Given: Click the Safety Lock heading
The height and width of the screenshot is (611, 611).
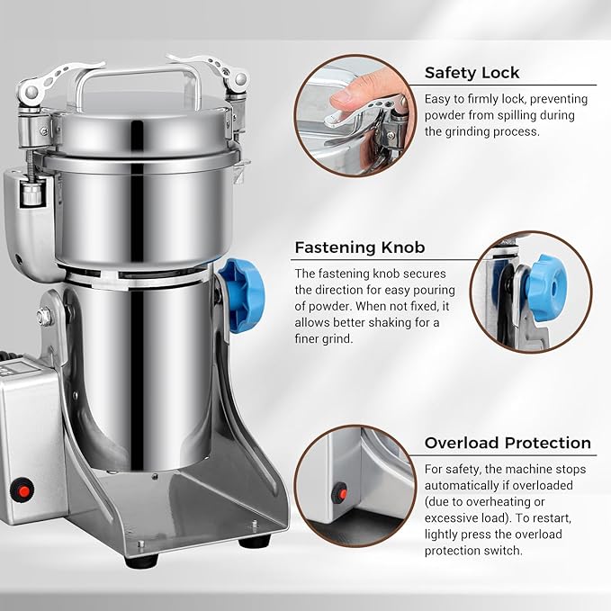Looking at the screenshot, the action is pos(472,73).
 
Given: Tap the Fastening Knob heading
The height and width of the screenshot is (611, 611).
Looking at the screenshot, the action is pos(360,247).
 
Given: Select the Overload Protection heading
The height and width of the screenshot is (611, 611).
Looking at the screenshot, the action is pos(508,443).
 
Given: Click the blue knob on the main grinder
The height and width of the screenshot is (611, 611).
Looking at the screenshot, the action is pos(242,294).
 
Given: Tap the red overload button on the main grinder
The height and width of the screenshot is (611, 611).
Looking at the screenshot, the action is pos(23,491).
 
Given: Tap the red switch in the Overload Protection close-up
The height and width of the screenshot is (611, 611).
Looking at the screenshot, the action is pos(340,494).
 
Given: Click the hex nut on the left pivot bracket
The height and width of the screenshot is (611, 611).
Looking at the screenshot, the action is pos(45,316).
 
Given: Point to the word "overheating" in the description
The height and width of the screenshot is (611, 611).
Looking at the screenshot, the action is pos(495,502).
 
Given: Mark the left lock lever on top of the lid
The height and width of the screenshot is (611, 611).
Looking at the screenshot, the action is pos(58,78).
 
